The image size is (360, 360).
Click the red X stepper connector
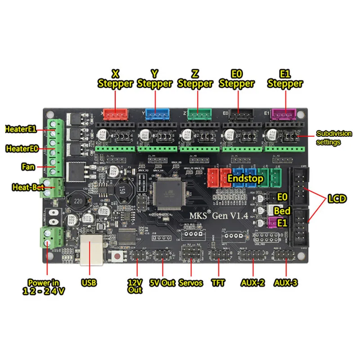pos(116,114)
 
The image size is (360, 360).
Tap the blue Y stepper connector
pos(156,114)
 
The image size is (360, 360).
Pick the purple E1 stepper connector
pos(283,114)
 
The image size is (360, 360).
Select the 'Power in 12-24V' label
pos(44,287)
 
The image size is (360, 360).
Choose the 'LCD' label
pos(337,198)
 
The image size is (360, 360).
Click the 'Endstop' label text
pos(245,178)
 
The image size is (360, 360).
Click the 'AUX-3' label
pos(285,283)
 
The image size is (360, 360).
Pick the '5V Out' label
pos(162,283)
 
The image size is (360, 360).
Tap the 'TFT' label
pos(220,283)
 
